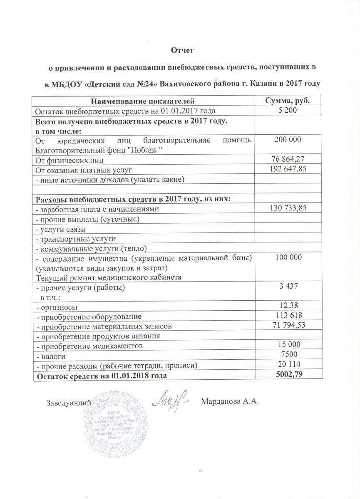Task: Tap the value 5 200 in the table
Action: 287,110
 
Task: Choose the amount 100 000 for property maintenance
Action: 288,258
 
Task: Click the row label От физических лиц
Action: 69,160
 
